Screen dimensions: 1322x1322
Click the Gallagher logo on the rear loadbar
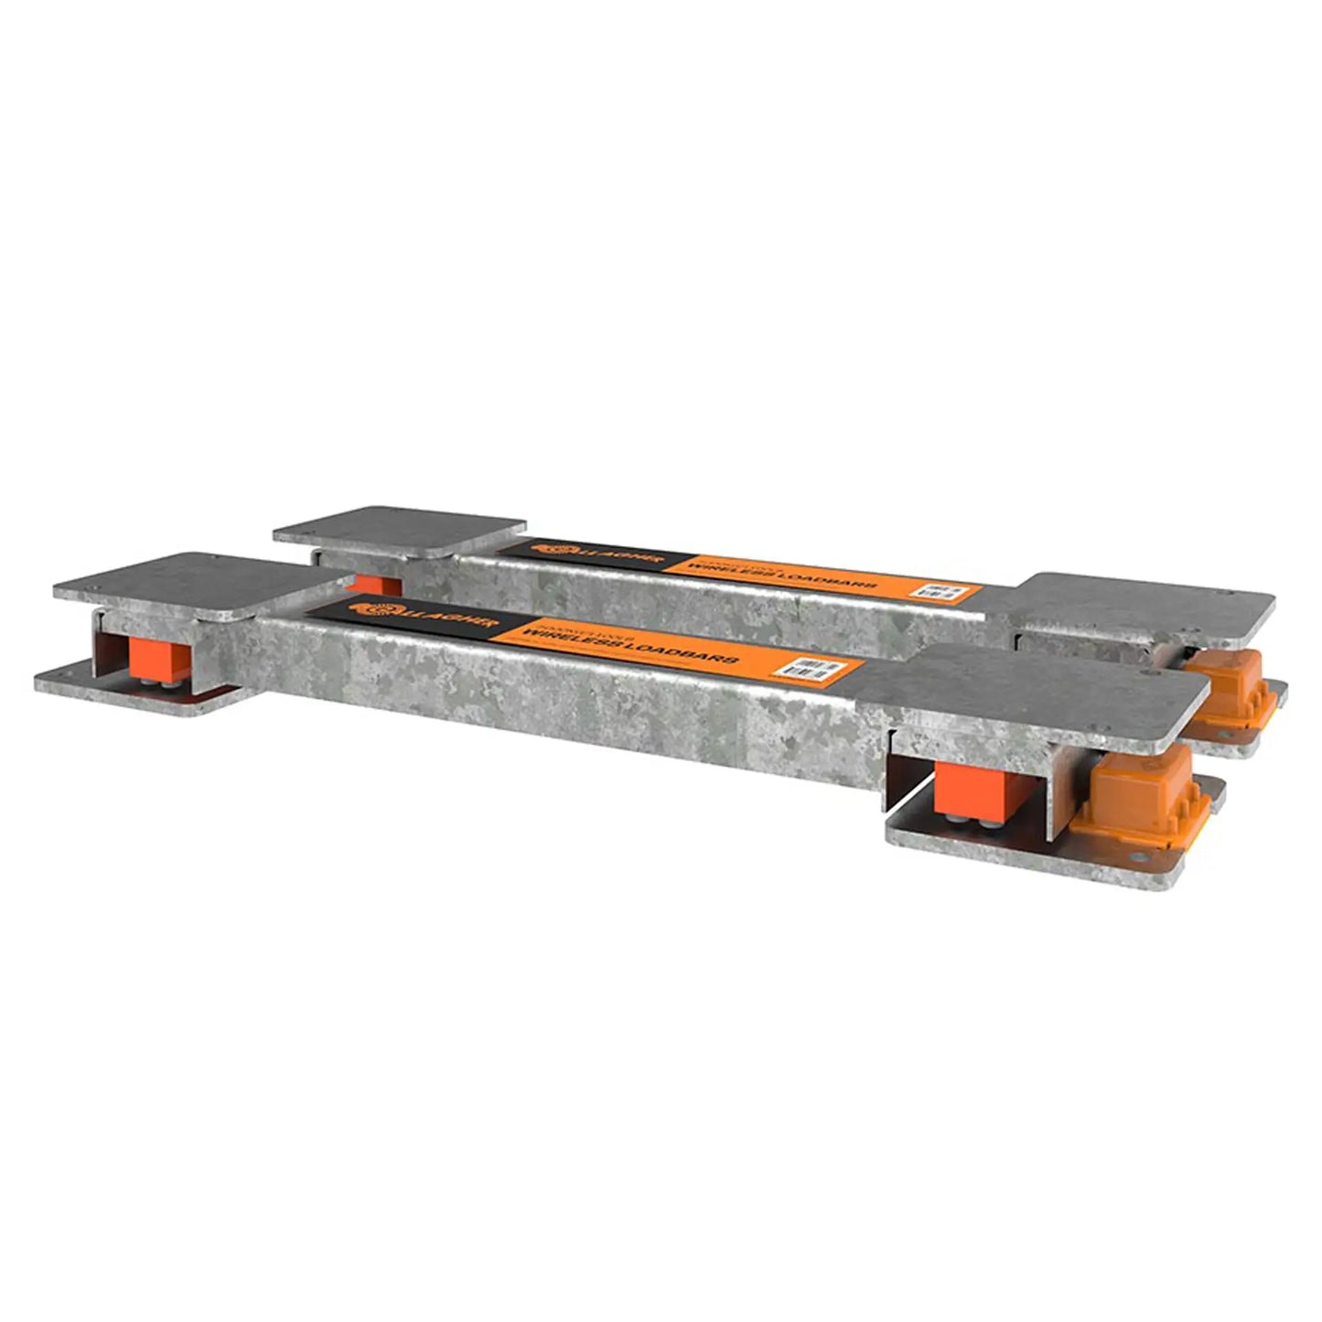point(558,548)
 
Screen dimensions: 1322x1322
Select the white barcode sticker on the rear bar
point(941,591)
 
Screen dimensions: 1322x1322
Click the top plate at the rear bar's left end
point(400,530)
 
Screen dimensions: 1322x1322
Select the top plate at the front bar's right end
point(1034,695)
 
